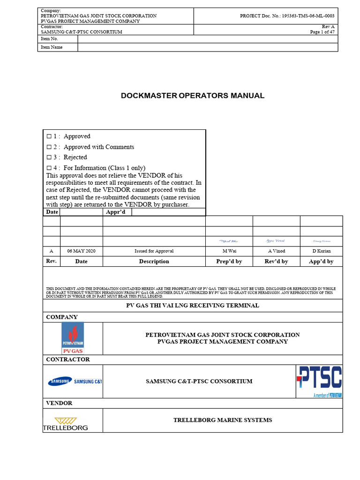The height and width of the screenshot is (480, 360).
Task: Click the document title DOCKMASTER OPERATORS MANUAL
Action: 193,96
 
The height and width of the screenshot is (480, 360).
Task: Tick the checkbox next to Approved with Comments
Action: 49,147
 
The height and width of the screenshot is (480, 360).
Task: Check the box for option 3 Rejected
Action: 49,157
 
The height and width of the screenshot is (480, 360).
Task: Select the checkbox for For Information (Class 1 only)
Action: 49,168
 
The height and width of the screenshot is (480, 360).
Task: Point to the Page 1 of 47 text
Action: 322,32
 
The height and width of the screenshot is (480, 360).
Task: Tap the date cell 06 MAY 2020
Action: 81,251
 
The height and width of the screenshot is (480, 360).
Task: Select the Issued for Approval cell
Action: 154,251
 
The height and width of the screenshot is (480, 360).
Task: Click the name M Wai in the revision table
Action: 229,251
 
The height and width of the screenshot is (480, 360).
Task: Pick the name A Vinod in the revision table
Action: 276,251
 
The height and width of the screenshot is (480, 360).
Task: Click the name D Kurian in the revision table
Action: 321,251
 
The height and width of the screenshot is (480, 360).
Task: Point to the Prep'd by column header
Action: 229,262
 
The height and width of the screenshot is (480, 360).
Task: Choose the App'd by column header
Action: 321,262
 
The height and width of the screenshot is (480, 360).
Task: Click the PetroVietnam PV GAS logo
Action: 73,338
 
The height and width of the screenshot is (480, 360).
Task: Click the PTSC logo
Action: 319,381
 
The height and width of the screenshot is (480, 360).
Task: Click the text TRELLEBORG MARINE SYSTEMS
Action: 223,420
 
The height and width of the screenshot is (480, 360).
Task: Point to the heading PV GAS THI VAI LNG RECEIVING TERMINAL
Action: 193,306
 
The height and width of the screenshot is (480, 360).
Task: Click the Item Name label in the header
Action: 52,47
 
